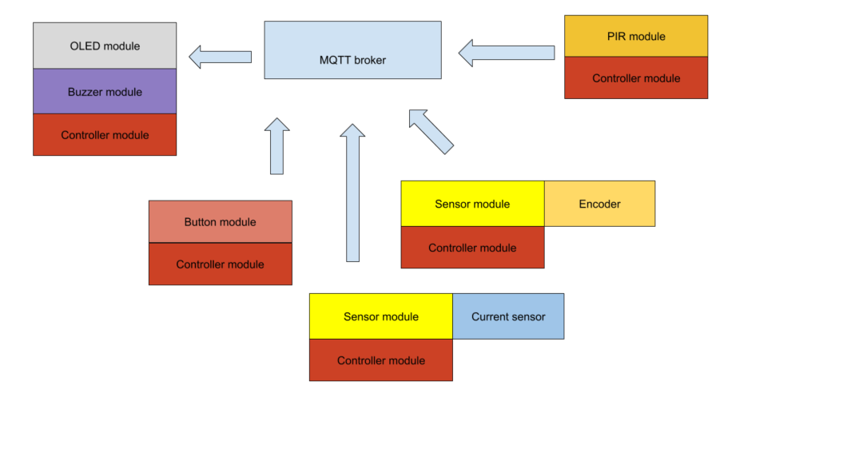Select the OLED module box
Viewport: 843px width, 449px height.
click(105, 46)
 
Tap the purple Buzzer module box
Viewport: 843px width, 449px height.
click(105, 92)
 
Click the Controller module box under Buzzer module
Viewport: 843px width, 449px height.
click(105, 135)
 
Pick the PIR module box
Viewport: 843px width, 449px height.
click(636, 37)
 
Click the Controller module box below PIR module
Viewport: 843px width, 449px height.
click(636, 78)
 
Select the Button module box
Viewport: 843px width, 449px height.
click(220, 222)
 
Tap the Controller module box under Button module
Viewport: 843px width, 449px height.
click(220, 264)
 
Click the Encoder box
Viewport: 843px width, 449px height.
click(599, 204)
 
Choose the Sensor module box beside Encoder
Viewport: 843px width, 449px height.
click(472, 204)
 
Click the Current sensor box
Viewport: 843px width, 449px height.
click(508, 316)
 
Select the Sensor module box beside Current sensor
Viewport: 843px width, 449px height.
click(381, 316)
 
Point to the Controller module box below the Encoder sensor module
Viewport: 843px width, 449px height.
click(472, 248)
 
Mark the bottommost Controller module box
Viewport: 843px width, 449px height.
click(381, 360)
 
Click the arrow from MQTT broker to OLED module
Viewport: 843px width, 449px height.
click(221, 57)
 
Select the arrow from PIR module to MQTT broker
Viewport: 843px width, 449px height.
click(507, 53)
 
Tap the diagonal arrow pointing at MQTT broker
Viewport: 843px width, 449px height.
click(431, 130)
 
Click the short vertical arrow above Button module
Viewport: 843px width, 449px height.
click(276, 147)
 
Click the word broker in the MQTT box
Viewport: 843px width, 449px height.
click(370, 60)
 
